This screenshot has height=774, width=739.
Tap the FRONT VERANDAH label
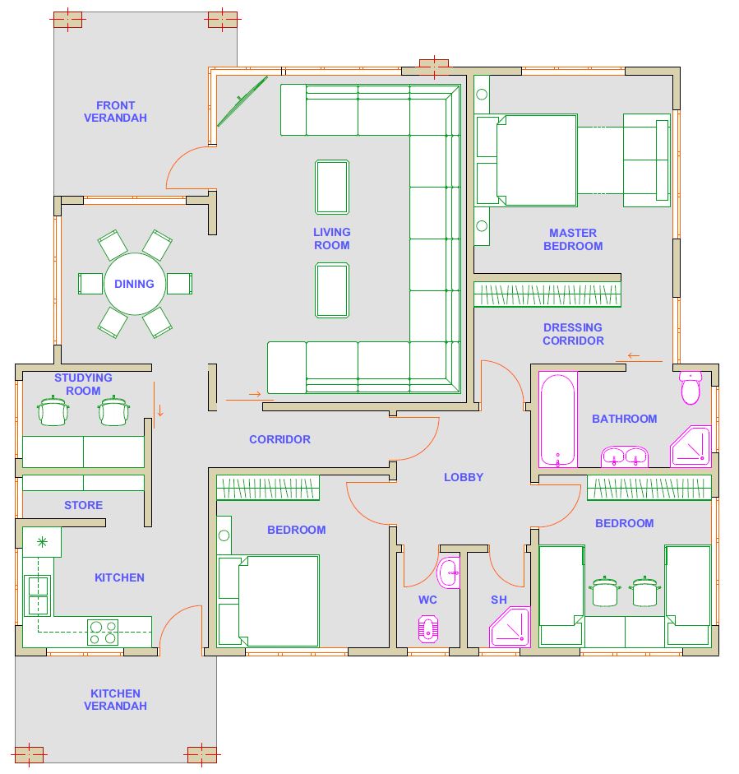pyautogui.click(x=115, y=112)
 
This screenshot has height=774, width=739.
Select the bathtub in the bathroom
pyautogui.click(x=558, y=419)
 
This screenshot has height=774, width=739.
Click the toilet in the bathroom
pyautogui.click(x=691, y=387)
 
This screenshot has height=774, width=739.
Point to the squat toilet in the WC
pyautogui.click(x=428, y=629)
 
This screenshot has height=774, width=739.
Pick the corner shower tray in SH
pyautogui.click(x=510, y=627)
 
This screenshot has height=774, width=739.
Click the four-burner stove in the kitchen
pyautogui.click(x=103, y=633)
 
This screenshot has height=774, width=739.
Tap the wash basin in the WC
pyautogui.click(x=449, y=572)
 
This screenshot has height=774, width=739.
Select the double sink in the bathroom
pyautogui.click(x=625, y=457)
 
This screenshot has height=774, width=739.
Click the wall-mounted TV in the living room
pyautogui.click(x=242, y=101)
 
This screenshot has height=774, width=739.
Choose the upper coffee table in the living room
pyautogui.click(x=332, y=187)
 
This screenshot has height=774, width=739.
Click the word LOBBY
pyautogui.click(x=464, y=477)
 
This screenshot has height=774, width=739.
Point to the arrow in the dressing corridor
pyautogui.click(x=634, y=355)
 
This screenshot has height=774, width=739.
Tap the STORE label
pyautogui.click(x=83, y=505)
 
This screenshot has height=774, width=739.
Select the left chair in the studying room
pyautogui.click(x=53, y=410)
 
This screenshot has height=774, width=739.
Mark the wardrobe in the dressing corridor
pyautogui.click(x=547, y=294)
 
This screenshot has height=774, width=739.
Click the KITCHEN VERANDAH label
pyautogui.click(x=115, y=699)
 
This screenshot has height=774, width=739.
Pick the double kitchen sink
pyautogui.click(x=39, y=596)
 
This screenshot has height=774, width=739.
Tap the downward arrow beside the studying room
pyautogui.click(x=159, y=410)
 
